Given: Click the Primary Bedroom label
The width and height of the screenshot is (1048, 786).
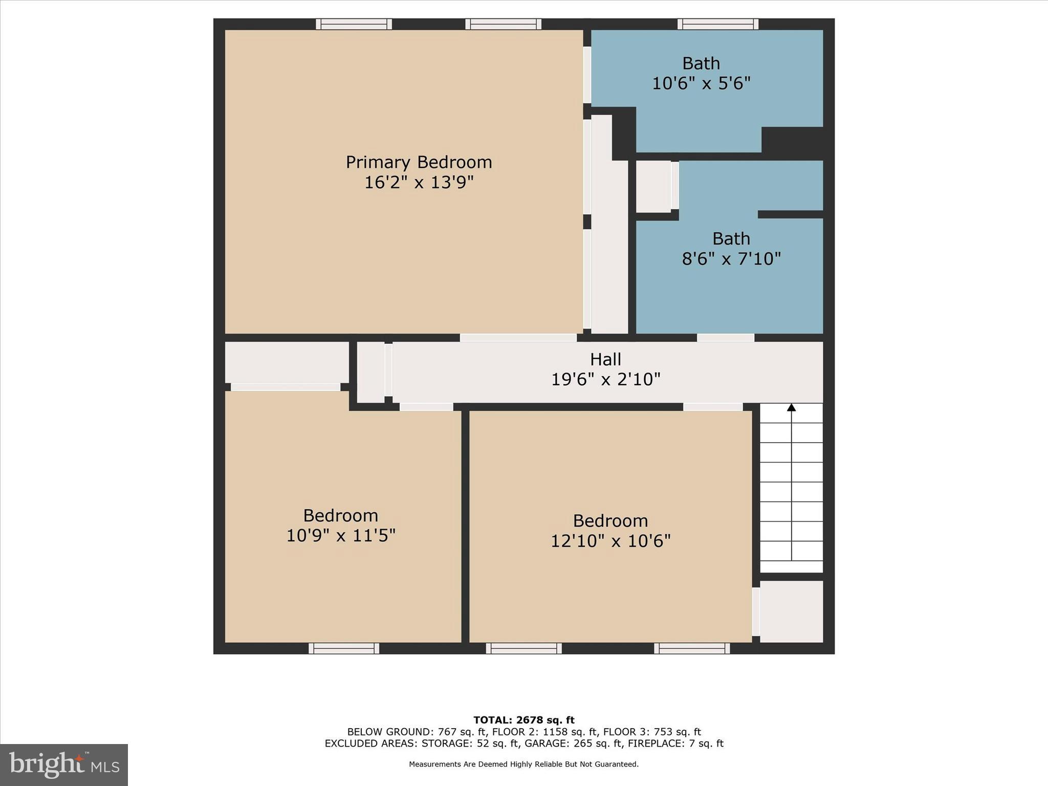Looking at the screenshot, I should tap(419, 162).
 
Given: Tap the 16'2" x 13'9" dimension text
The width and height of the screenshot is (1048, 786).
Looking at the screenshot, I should tap(419, 182).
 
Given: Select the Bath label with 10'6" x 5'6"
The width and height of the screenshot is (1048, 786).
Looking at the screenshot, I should tap(701, 63).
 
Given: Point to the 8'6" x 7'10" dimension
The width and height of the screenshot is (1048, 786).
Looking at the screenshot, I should tap(731, 259).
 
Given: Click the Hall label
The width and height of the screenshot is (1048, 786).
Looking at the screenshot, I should tap(605, 359).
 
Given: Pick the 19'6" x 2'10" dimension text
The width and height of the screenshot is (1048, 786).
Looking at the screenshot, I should tap(605, 379).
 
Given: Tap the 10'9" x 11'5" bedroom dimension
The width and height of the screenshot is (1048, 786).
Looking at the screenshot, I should tap(340, 536).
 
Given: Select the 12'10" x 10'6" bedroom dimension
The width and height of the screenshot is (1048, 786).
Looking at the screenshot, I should tap(610, 541).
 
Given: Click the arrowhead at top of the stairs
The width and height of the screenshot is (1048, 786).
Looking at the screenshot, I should tap(791, 408).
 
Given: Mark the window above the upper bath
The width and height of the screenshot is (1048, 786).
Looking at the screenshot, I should tap(718, 24).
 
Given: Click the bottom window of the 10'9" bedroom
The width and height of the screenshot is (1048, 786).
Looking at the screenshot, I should tap(344, 648).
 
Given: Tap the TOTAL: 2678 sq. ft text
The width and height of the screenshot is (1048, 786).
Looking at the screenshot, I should tap(523, 720).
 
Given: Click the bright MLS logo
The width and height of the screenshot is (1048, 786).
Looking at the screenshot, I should tap(64, 765).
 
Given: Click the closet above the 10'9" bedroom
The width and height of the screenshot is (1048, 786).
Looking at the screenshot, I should tap(287, 362).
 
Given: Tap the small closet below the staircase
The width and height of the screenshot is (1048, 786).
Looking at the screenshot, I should tap(791, 611).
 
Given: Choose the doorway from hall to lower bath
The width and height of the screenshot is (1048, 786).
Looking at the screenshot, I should tap(725, 338).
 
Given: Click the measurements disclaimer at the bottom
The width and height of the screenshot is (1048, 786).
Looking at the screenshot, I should tap(523, 764).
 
